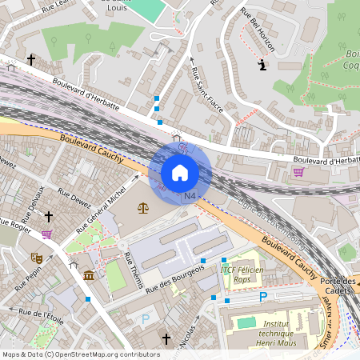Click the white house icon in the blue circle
point(180,173)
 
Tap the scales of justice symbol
point(142,208)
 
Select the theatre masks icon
point(36,258)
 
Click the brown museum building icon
point(88,275)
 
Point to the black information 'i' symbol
point(262,66)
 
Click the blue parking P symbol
point(263,297)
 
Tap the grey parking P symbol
point(145,318)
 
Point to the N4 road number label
point(190,196)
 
